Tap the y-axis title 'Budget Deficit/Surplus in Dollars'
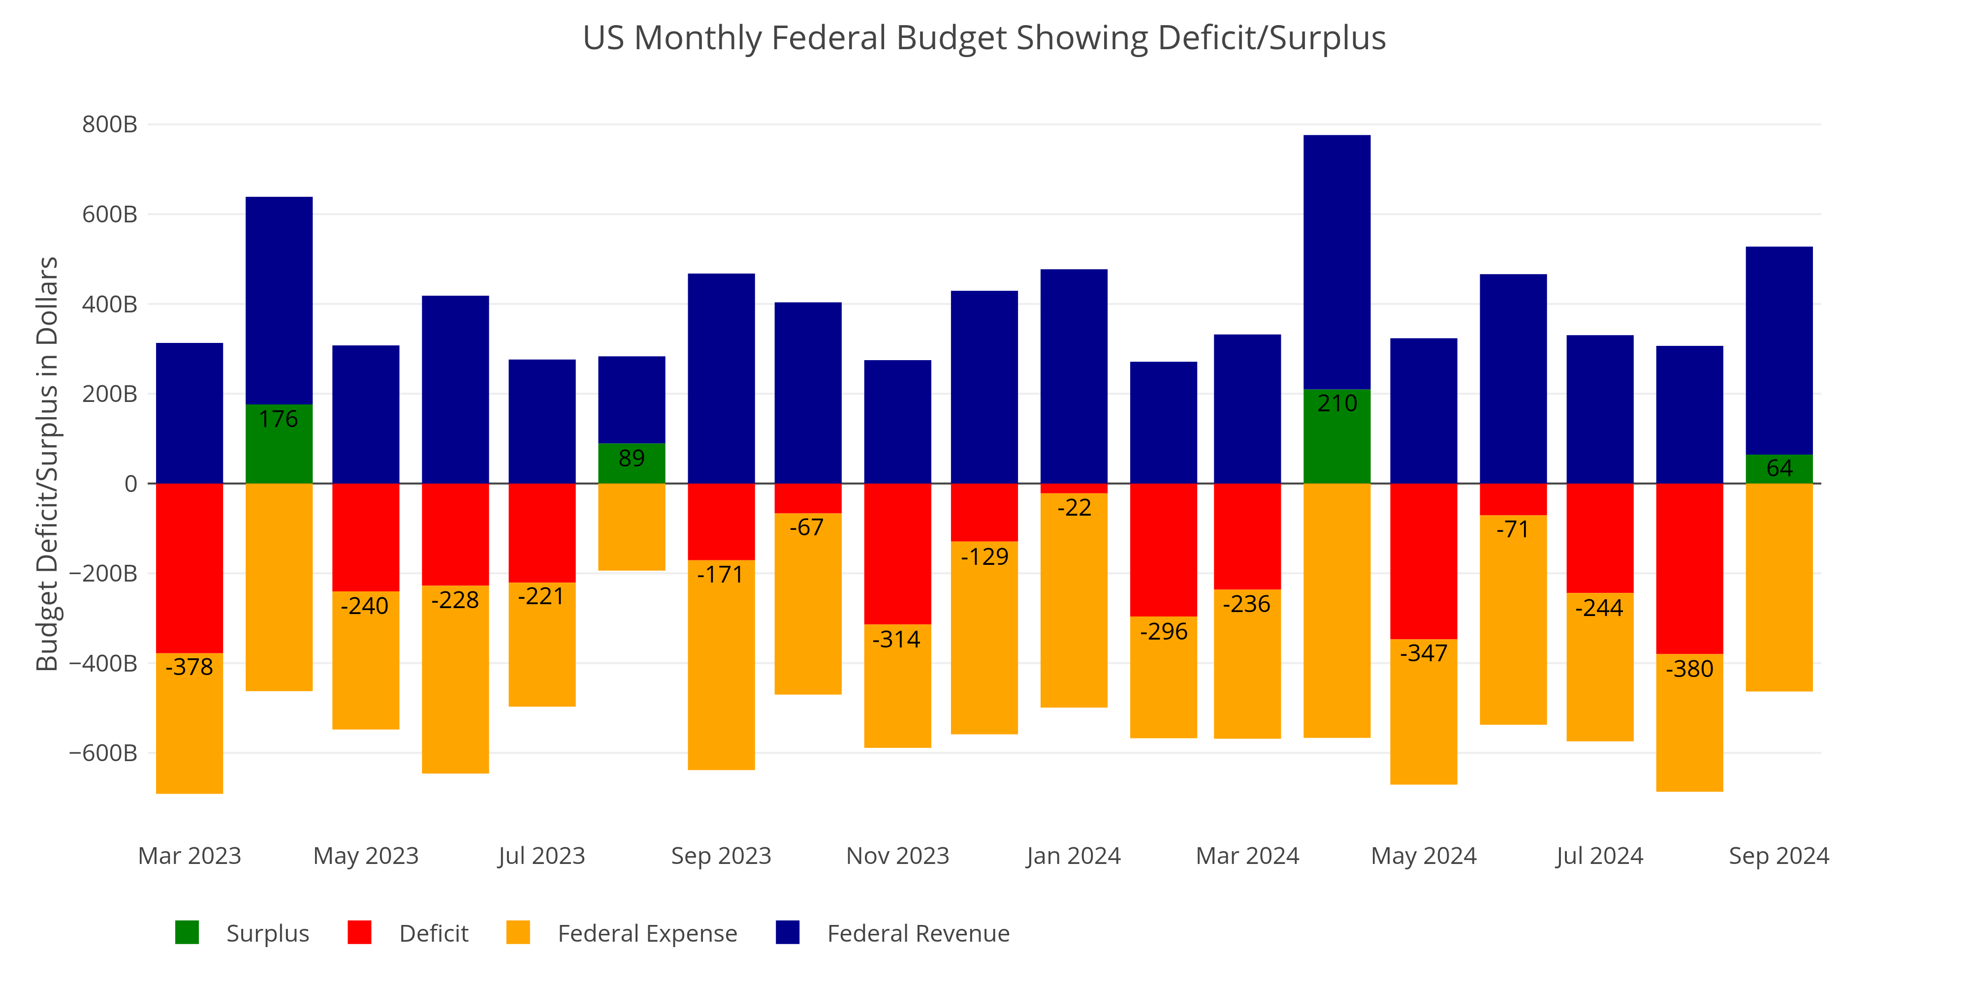point(47,464)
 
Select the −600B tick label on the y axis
point(103,753)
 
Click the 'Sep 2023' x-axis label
point(721,856)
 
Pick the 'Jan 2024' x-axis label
point(1073,856)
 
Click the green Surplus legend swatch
point(187,933)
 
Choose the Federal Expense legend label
point(647,934)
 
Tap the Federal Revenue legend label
point(918,934)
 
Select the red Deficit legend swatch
point(359,933)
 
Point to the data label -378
point(190,667)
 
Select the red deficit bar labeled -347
point(1423,561)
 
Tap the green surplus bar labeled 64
point(1778,468)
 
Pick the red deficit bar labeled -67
point(808,498)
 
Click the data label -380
point(1689,669)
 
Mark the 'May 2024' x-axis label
point(1423,856)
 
